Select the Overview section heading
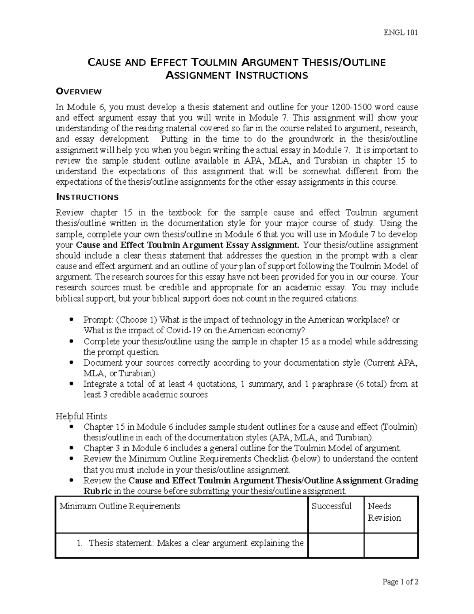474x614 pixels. click(79, 92)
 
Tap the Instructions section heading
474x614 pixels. click(87, 197)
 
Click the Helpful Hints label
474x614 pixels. click(81, 416)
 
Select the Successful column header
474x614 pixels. click(331, 506)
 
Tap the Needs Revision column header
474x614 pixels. click(384, 512)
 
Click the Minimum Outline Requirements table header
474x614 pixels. click(120, 506)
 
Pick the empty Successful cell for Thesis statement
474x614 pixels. click(336, 545)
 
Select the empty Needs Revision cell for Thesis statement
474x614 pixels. click(391, 545)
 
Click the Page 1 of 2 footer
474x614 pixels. click(400, 582)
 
